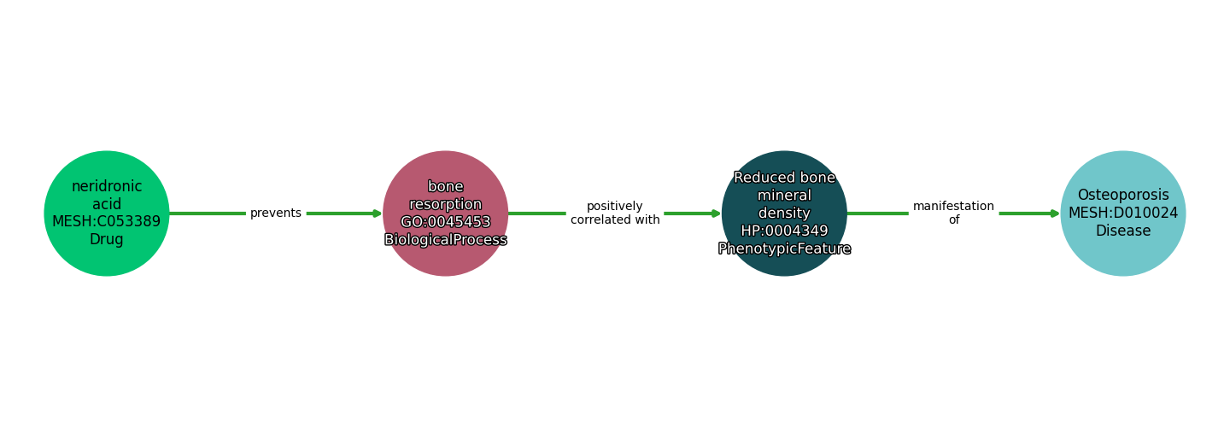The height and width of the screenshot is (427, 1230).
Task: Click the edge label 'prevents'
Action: coord(276,213)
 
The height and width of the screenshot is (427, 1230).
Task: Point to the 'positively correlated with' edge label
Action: coord(615,213)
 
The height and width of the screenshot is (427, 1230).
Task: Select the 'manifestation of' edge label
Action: coord(953,213)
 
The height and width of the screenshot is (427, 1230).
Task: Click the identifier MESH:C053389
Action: coord(107,222)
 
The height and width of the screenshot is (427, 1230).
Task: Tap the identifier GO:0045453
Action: coord(445,222)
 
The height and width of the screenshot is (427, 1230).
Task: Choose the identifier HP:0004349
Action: coord(784,231)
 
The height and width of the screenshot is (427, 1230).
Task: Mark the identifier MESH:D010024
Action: coord(1123,213)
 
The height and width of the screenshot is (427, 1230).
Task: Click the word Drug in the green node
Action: coord(107,240)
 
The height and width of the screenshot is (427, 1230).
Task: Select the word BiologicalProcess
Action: coord(445,240)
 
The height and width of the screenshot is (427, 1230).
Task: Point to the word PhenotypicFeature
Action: coord(784,249)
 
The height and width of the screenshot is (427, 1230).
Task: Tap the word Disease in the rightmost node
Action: coord(1123,231)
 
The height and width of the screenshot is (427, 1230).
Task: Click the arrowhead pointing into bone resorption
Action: coord(377,213)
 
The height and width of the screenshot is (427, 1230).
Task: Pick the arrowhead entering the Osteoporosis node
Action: coord(1055,213)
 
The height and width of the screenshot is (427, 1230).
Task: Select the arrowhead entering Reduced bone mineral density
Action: coord(716,213)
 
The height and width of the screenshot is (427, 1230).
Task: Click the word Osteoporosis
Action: coord(1123,196)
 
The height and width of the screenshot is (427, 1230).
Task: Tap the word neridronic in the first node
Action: coord(107,186)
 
